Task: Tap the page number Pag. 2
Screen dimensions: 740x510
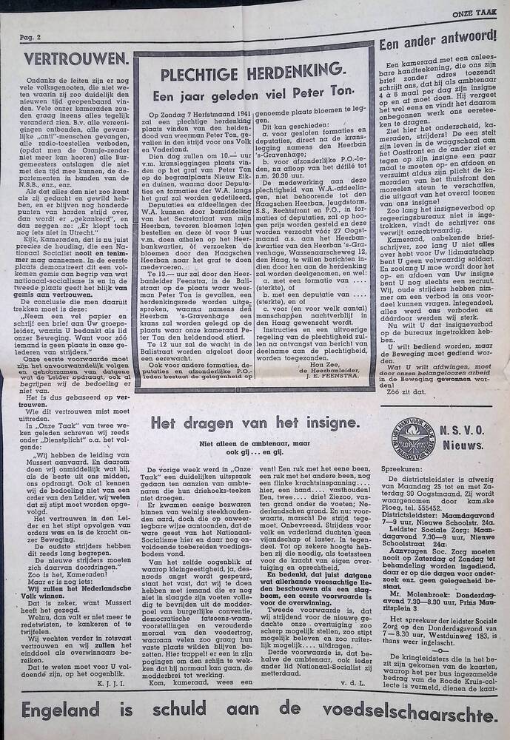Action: [29, 38]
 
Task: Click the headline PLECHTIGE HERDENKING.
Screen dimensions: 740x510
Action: [252, 71]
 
